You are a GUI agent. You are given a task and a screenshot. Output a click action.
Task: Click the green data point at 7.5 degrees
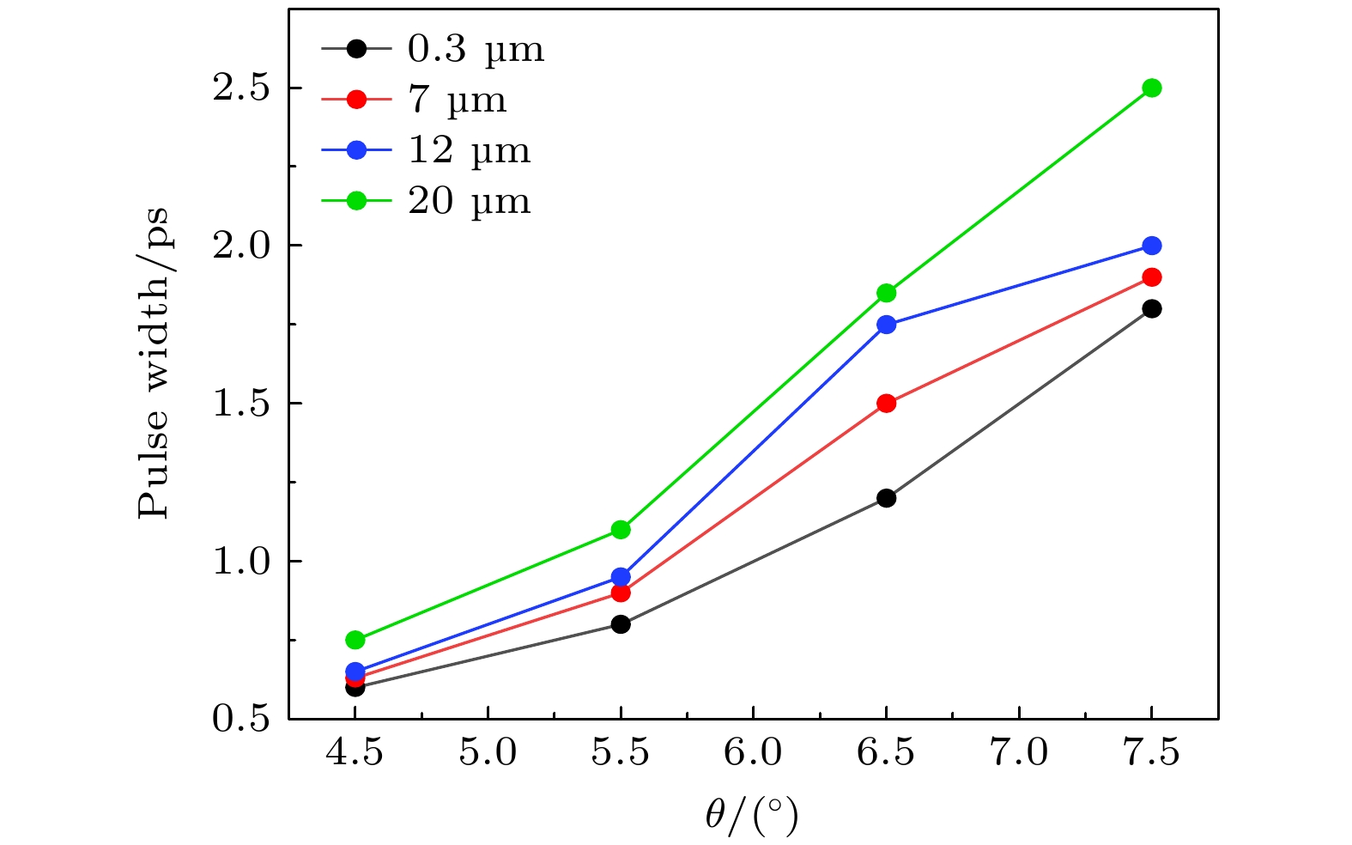coord(1152,88)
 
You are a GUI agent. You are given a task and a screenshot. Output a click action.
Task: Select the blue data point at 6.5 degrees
coord(887,325)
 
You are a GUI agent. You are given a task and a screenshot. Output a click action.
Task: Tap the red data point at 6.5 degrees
coord(887,404)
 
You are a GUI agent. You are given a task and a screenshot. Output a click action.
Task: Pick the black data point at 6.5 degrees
coord(887,498)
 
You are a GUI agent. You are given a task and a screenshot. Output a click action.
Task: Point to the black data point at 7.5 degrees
coord(1152,308)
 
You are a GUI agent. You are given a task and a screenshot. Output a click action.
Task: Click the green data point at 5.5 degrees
coord(621,529)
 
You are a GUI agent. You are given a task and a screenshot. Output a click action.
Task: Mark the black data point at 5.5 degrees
coord(621,624)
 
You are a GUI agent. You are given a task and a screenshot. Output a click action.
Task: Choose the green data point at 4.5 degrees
coord(355,640)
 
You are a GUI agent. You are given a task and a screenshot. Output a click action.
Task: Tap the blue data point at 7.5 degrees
coord(1152,246)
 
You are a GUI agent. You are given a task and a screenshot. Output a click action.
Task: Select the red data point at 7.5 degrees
coord(1152,277)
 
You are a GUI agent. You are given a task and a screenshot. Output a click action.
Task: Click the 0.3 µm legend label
coord(476,50)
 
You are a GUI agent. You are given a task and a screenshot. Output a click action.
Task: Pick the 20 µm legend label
coord(469,202)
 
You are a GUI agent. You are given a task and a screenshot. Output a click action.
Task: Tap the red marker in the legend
coord(356,100)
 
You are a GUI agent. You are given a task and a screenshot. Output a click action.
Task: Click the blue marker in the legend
coord(356,150)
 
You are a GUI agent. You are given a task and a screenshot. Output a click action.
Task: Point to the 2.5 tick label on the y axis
coord(241,88)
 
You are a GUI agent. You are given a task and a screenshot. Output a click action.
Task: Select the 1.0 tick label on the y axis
coord(241,562)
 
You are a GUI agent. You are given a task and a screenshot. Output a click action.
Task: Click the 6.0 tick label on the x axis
coord(753,753)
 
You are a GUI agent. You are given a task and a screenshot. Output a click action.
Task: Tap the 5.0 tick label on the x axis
coord(488,753)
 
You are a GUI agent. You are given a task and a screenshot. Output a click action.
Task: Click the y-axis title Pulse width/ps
coord(155,363)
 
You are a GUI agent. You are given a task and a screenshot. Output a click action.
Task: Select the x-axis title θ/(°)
coord(752,816)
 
